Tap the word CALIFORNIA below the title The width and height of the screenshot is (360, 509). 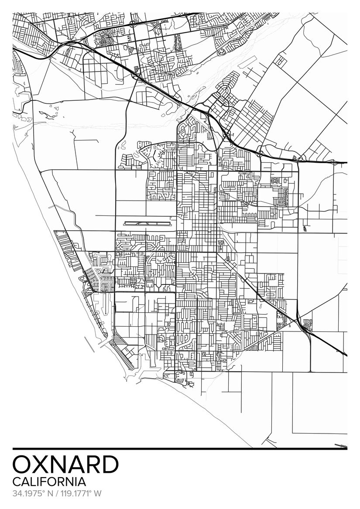[x=49, y=482]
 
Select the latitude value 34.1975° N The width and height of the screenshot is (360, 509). [x=32, y=494]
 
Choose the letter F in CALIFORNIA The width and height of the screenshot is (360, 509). [x=45, y=482]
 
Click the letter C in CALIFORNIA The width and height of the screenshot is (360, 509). [x=17, y=482]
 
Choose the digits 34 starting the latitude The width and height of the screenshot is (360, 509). [x=17, y=494]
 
